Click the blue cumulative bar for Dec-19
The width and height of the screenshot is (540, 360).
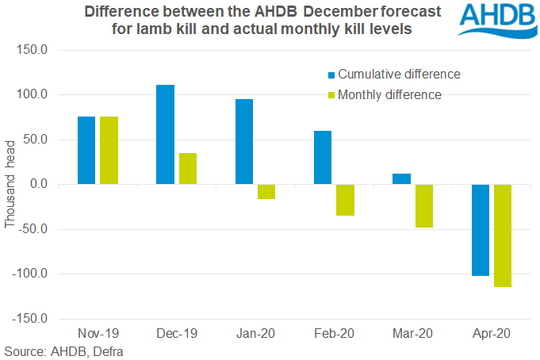coord(165,135)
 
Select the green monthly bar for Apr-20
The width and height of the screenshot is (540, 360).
coord(502,236)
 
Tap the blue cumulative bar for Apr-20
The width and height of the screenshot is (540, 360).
coord(481,231)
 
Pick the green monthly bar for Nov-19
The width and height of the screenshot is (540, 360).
coord(109,151)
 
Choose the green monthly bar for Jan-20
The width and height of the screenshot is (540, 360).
coord(266,192)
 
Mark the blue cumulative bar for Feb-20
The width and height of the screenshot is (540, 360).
coord(323,158)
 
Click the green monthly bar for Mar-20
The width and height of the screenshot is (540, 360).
coord(423,206)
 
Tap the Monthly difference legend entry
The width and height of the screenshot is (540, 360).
coord(389,94)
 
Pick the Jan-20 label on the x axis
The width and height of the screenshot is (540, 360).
coord(255,333)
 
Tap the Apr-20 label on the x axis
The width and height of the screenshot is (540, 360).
coord(492,333)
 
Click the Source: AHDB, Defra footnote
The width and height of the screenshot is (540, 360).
coord(64,350)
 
